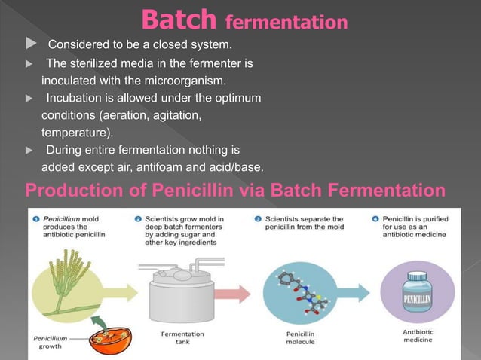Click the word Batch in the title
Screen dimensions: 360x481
pyautogui.click(x=174, y=19)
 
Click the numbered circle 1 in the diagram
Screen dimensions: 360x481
pyautogui.click(x=35, y=218)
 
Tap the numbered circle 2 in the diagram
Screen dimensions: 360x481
pyautogui.click(x=139, y=218)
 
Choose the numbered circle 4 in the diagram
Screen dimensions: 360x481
pyautogui.click(x=375, y=218)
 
